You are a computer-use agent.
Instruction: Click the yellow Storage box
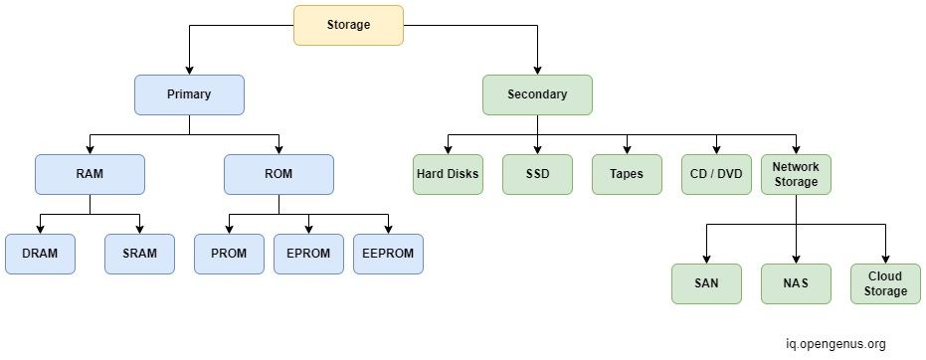[348, 25]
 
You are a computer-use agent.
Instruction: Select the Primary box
[189, 94]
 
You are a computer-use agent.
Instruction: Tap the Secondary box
[537, 94]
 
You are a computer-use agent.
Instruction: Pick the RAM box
[90, 174]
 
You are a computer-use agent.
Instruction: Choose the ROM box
[278, 174]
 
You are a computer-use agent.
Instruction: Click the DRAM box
[40, 254]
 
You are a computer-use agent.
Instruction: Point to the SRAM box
[139, 254]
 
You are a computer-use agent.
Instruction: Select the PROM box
[229, 254]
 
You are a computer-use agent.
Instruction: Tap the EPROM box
[308, 254]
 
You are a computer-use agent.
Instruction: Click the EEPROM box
[388, 254]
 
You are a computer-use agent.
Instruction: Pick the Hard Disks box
[448, 174]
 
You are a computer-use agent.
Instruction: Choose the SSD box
[537, 174]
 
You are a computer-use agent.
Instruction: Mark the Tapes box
[627, 174]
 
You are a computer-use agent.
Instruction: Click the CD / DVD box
[716, 174]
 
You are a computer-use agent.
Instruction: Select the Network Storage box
[796, 174]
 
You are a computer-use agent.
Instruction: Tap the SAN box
[706, 283]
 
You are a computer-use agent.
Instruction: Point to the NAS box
[796, 283]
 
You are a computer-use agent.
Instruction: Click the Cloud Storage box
[885, 283]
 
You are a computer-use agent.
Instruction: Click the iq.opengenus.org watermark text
[835, 344]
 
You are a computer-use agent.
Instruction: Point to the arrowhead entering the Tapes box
[627, 149]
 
